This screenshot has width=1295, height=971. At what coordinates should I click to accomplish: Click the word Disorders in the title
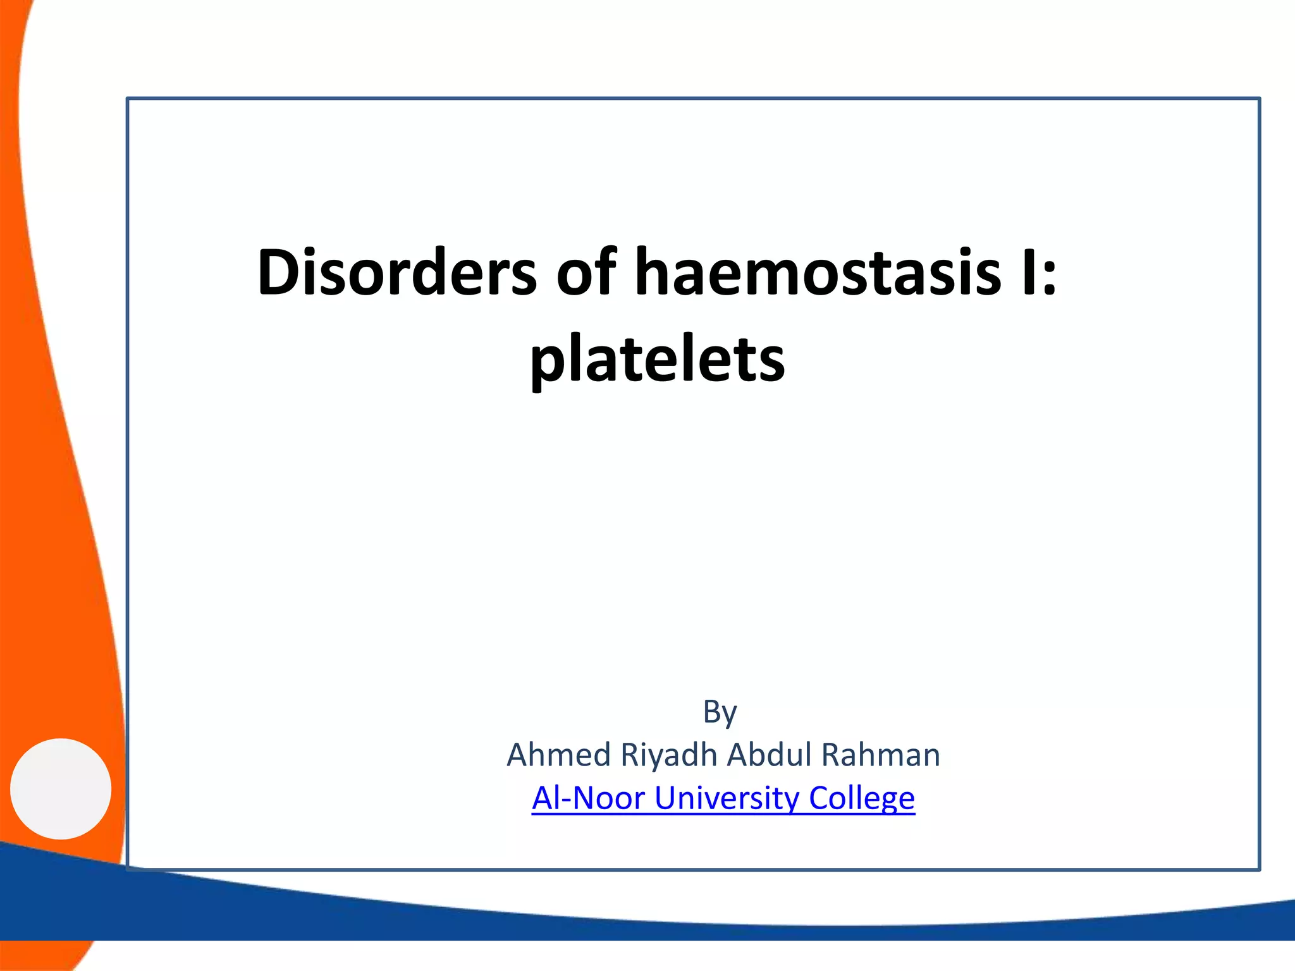397,272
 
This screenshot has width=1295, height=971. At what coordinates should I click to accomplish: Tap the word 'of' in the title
586,272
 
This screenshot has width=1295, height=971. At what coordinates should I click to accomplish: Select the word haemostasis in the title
818,272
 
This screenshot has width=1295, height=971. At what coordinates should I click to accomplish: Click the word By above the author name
720,712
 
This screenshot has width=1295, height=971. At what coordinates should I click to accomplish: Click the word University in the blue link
727,798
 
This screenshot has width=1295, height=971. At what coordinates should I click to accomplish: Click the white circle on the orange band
61,788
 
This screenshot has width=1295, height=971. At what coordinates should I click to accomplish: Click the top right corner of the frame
1259,99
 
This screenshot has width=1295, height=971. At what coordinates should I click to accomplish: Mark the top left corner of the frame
128,99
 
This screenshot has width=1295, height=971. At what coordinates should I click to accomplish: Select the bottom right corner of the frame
1259,869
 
